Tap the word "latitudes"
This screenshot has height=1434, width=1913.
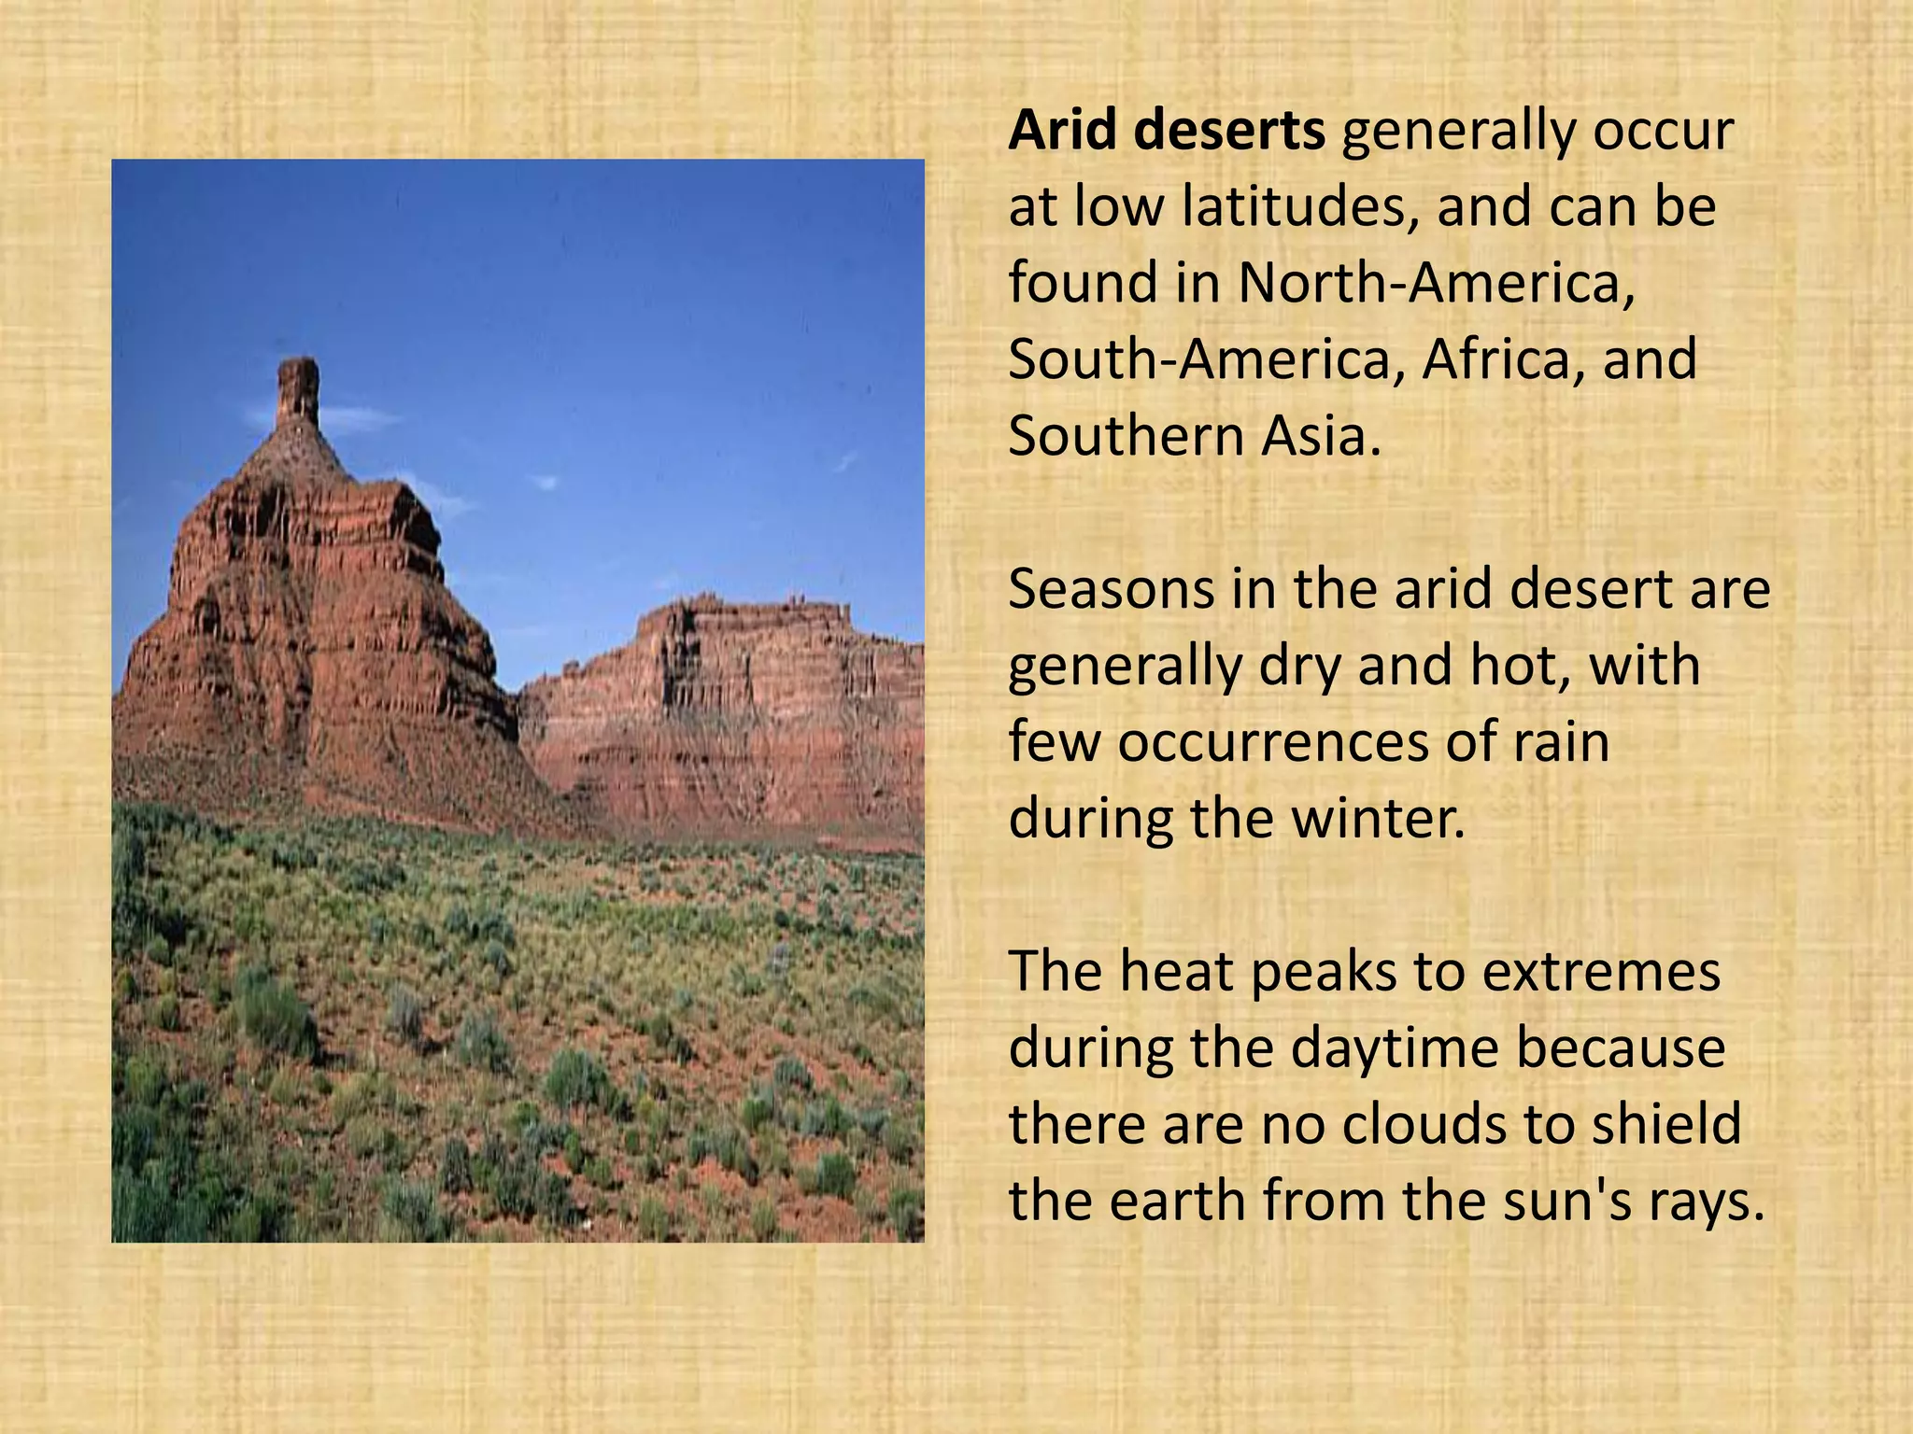coord(1293,207)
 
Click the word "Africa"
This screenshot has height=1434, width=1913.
coord(1501,359)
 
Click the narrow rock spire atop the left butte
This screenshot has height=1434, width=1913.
coord(298,392)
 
